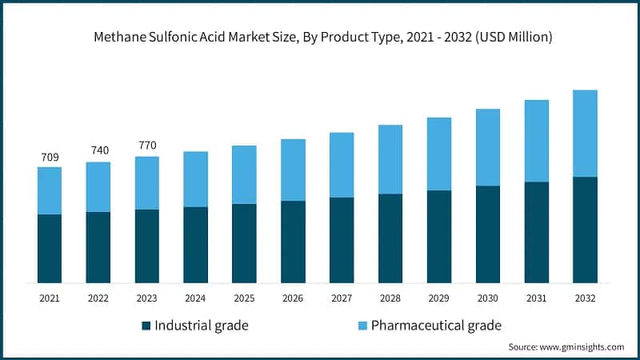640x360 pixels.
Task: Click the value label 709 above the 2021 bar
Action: (x=50, y=156)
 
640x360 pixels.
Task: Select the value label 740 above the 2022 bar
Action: (x=98, y=150)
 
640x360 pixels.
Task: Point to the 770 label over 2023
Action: (x=147, y=145)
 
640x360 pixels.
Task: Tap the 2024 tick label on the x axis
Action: (x=195, y=298)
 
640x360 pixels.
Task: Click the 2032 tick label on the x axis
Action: (x=585, y=298)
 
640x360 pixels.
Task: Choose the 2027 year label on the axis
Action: (x=342, y=298)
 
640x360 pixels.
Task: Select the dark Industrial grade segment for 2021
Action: (x=50, y=248)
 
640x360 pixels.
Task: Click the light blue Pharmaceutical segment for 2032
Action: (x=585, y=133)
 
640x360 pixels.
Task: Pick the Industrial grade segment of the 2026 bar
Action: (x=293, y=242)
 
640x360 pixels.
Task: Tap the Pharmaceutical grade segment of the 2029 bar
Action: (x=439, y=154)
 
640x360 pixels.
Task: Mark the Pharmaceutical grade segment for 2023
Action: (x=147, y=183)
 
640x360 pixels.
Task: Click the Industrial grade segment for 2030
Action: (x=488, y=234)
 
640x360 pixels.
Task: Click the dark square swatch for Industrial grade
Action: (x=146, y=326)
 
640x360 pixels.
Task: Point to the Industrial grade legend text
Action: (x=201, y=326)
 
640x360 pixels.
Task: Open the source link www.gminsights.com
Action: (x=583, y=347)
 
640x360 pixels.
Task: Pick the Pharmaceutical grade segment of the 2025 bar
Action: (x=244, y=174)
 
